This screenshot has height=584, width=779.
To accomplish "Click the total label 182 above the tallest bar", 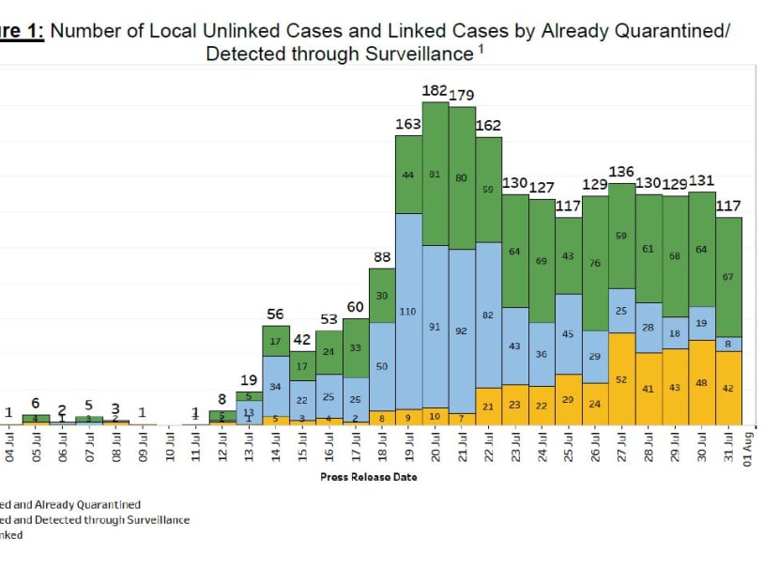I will [435, 90].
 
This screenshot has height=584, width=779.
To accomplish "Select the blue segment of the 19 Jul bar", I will [408, 310].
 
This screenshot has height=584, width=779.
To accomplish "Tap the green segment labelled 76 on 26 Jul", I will [595, 263].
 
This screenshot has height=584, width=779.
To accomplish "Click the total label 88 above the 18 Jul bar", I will [381, 257].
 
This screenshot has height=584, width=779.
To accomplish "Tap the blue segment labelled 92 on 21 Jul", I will [462, 331].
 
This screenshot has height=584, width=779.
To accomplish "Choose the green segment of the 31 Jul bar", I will [729, 277].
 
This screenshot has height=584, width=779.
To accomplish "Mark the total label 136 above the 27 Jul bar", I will [621, 172].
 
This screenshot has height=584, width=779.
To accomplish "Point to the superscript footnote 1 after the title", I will [481, 48].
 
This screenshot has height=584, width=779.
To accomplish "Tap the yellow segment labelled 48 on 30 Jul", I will [702, 382].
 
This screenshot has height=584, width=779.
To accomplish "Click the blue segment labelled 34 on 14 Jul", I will [275, 386].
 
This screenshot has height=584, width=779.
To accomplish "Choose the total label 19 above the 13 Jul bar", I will [249, 379].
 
